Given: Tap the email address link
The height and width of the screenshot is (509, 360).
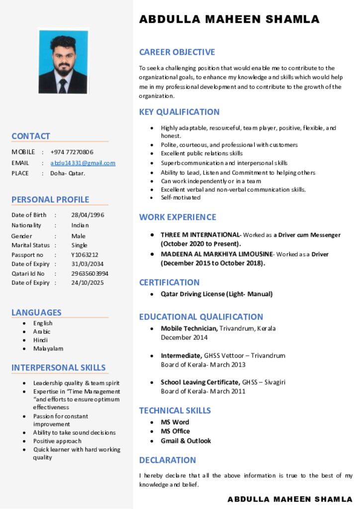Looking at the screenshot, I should [83, 163].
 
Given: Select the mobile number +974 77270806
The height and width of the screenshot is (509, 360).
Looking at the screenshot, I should [72, 152].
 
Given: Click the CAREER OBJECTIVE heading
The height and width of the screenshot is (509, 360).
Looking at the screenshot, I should [177, 52].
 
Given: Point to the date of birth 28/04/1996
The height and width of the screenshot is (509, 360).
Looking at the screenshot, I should [88, 215].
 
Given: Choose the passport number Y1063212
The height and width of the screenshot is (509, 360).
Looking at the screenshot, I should [85, 255].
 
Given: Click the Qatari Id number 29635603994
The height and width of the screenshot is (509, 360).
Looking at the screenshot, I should [90, 274].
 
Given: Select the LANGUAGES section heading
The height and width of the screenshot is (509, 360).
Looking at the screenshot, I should [36, 313].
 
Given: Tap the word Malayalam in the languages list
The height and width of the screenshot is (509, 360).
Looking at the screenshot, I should [48, 349].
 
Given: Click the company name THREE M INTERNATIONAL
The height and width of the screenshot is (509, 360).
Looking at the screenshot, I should [200, 235].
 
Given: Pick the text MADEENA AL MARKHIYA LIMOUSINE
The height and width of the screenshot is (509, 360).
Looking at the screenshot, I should [216, 254].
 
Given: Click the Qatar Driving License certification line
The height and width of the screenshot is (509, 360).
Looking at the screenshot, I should [216, 294].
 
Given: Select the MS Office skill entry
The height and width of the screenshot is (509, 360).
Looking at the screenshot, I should [175, 431].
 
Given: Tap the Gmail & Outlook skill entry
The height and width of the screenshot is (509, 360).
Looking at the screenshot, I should [185, 441].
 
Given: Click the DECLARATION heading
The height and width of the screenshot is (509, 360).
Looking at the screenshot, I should [168, 460].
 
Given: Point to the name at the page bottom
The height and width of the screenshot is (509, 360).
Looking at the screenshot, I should [290, 499].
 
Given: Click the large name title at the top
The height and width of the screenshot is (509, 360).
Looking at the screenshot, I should [229, 20].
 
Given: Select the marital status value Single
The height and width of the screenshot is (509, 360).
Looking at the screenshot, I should [79, 246].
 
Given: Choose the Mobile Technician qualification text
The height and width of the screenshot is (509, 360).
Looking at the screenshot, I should [189, 329].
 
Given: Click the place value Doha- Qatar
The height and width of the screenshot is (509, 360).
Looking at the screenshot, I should [68, 173].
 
